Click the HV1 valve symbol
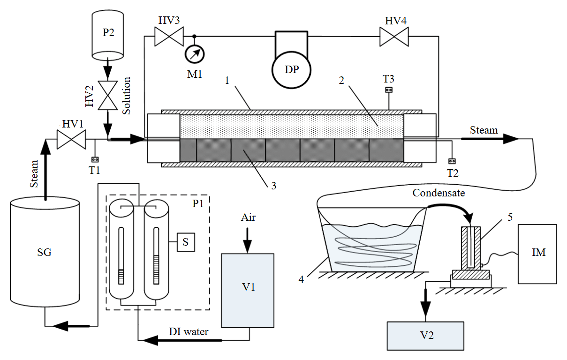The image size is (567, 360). click(71, 139)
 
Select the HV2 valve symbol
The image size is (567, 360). click(108, 95)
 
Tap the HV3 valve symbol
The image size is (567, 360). click(169, 37)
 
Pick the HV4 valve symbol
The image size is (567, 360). click(394, 37)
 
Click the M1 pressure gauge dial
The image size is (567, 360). click(195, 54)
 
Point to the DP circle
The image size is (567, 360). click(291, 70)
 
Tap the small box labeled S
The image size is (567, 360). click(186, 242)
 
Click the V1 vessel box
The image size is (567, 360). click(248, 291)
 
